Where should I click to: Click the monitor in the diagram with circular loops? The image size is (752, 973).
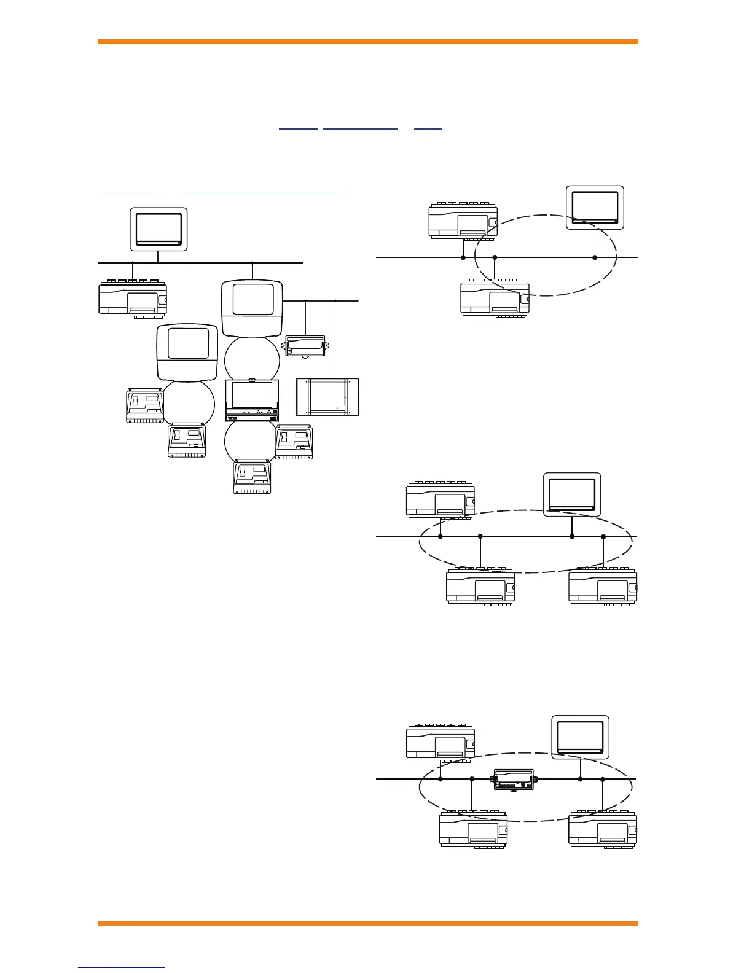(x=159, y=229)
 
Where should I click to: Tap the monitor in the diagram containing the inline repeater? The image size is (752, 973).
(x=580, y=737)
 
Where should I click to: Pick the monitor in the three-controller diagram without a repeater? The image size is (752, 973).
(x=572, y=494)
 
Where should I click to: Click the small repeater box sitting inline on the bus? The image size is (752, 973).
(x=514, y=780)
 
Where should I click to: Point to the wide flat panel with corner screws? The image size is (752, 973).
(x=327, y=397)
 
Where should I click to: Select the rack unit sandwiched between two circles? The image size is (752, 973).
(x=252, y=400)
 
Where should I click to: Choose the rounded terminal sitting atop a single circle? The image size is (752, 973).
(x=187, y=353)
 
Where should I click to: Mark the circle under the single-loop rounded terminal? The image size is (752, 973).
(x=189, y=403)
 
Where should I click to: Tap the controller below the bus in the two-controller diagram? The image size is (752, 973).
(x=495, y=298)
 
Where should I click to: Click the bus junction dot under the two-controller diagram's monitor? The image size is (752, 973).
(x=595, y=257)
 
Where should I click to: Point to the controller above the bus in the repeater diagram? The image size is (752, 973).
(x=441, y=742)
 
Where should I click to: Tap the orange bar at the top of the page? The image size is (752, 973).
(x=367, y=42)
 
